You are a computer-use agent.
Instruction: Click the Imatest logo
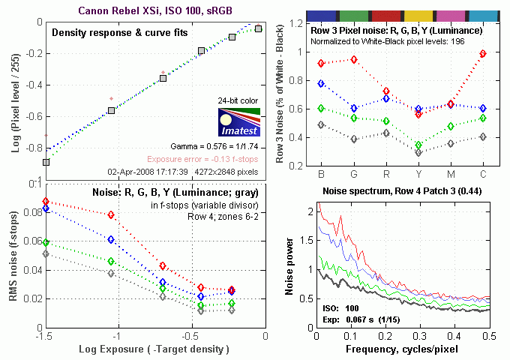237,122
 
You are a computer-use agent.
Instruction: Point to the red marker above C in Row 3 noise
483,53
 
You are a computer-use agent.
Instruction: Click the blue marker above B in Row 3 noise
322,83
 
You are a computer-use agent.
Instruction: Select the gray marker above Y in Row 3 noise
418,153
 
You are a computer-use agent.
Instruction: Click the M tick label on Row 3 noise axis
451,175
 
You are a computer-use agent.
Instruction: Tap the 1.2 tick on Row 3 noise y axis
299,23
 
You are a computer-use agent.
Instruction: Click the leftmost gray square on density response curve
46,162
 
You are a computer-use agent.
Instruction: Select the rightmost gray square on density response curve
258,28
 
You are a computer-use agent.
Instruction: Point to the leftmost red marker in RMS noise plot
46,202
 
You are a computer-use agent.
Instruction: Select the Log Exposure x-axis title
153,350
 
